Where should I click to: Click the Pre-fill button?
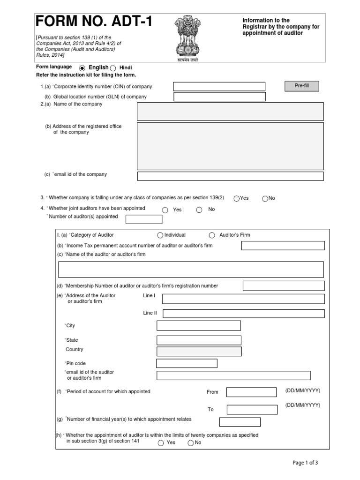pos(301,86)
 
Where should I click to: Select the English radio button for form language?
pos(82,68)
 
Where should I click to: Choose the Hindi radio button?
pos(112,68)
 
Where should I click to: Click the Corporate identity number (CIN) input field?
pos(219,87)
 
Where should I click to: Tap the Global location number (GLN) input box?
pos(219,97)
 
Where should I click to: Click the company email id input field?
pos(230,176)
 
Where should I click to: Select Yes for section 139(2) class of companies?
pos(237,198)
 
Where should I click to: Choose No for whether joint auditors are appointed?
pos(199,210)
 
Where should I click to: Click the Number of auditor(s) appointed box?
pos(144,219)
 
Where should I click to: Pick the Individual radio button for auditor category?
pos(160,235)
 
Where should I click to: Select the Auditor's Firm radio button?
pos(212,235)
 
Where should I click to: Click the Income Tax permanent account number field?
pos(283,246)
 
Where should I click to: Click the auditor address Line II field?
pos(243,314)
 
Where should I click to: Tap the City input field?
pos(199,326)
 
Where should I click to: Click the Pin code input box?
pos(187,364)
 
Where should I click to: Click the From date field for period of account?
pos(252,392)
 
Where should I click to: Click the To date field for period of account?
pos(252,410)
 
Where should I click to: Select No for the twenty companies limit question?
pos(190,443)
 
